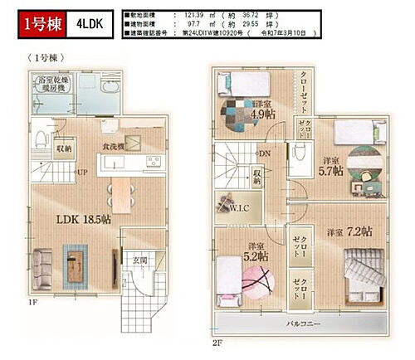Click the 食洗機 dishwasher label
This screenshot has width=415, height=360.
coord(114,147)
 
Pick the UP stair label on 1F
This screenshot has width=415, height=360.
coord(84,173)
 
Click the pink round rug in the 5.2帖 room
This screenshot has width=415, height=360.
coord(254,287)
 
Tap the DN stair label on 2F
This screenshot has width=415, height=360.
coord(263,154)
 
